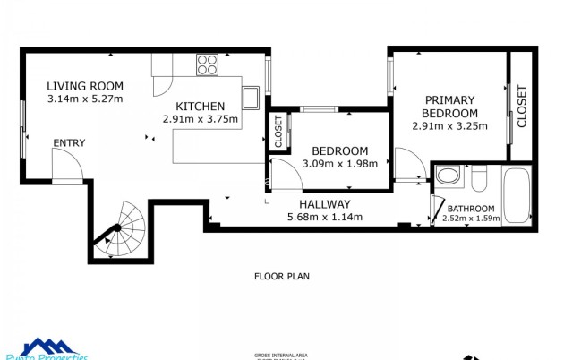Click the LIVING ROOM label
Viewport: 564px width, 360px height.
(84, 86)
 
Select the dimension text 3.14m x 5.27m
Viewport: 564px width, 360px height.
(84, 99)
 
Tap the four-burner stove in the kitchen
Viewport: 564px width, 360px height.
(208, 64)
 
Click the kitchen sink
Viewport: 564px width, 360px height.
(251, 97)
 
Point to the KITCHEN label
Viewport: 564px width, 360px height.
(200, 106)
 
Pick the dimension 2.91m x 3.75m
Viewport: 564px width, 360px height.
(200, 118)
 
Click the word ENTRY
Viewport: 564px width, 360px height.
(69, 143)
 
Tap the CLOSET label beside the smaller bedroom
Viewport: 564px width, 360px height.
(278, 131)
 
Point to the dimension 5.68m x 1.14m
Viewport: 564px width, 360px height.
(324, 217)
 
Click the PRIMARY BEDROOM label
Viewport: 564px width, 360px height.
(450, 107)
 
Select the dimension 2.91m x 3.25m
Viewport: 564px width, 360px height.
(449, 126)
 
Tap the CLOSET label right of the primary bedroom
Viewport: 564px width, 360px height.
(522, 106)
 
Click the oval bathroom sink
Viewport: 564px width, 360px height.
(449, 175)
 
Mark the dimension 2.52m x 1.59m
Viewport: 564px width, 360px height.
(470, 219)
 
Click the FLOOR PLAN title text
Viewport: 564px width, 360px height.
(282, 276)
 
